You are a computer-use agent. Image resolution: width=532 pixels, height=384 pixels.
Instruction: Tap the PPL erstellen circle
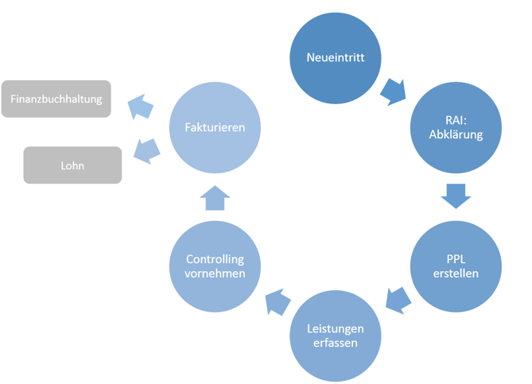pyautogui.click(x=456, y=267)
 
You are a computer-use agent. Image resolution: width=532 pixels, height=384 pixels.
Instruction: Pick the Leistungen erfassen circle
pyautogui.click(x=335, y=336)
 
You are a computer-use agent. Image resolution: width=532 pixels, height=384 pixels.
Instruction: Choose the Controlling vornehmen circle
pyautogui.click(x=215, y=266)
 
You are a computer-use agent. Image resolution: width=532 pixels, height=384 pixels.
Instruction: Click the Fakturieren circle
pyautogui.click(x=215, y=127)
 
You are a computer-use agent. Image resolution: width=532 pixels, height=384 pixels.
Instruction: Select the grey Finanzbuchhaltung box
pyautogui.click(x=56, y=99)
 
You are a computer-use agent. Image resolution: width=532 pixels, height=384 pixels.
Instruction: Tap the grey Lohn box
pyautogui.click(x=72, y=165)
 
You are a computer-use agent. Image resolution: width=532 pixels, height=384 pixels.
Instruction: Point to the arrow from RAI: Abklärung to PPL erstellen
pyautogui.click(x=455, y=195)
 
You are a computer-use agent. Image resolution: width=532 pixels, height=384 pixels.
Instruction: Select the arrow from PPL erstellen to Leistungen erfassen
pyautogui.click(x=398, y=300)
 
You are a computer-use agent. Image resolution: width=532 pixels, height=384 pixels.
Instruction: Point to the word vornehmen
pyautogui.click(x=215, y=273)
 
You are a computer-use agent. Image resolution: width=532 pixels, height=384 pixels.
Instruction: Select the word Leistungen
pyautogui.click(x=335, y=328)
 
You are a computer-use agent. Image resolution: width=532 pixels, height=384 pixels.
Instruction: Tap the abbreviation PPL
pyautogui.click(x=456, y=260)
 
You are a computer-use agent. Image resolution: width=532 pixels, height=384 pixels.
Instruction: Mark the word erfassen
pyautogui.click(x=335, y=343)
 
